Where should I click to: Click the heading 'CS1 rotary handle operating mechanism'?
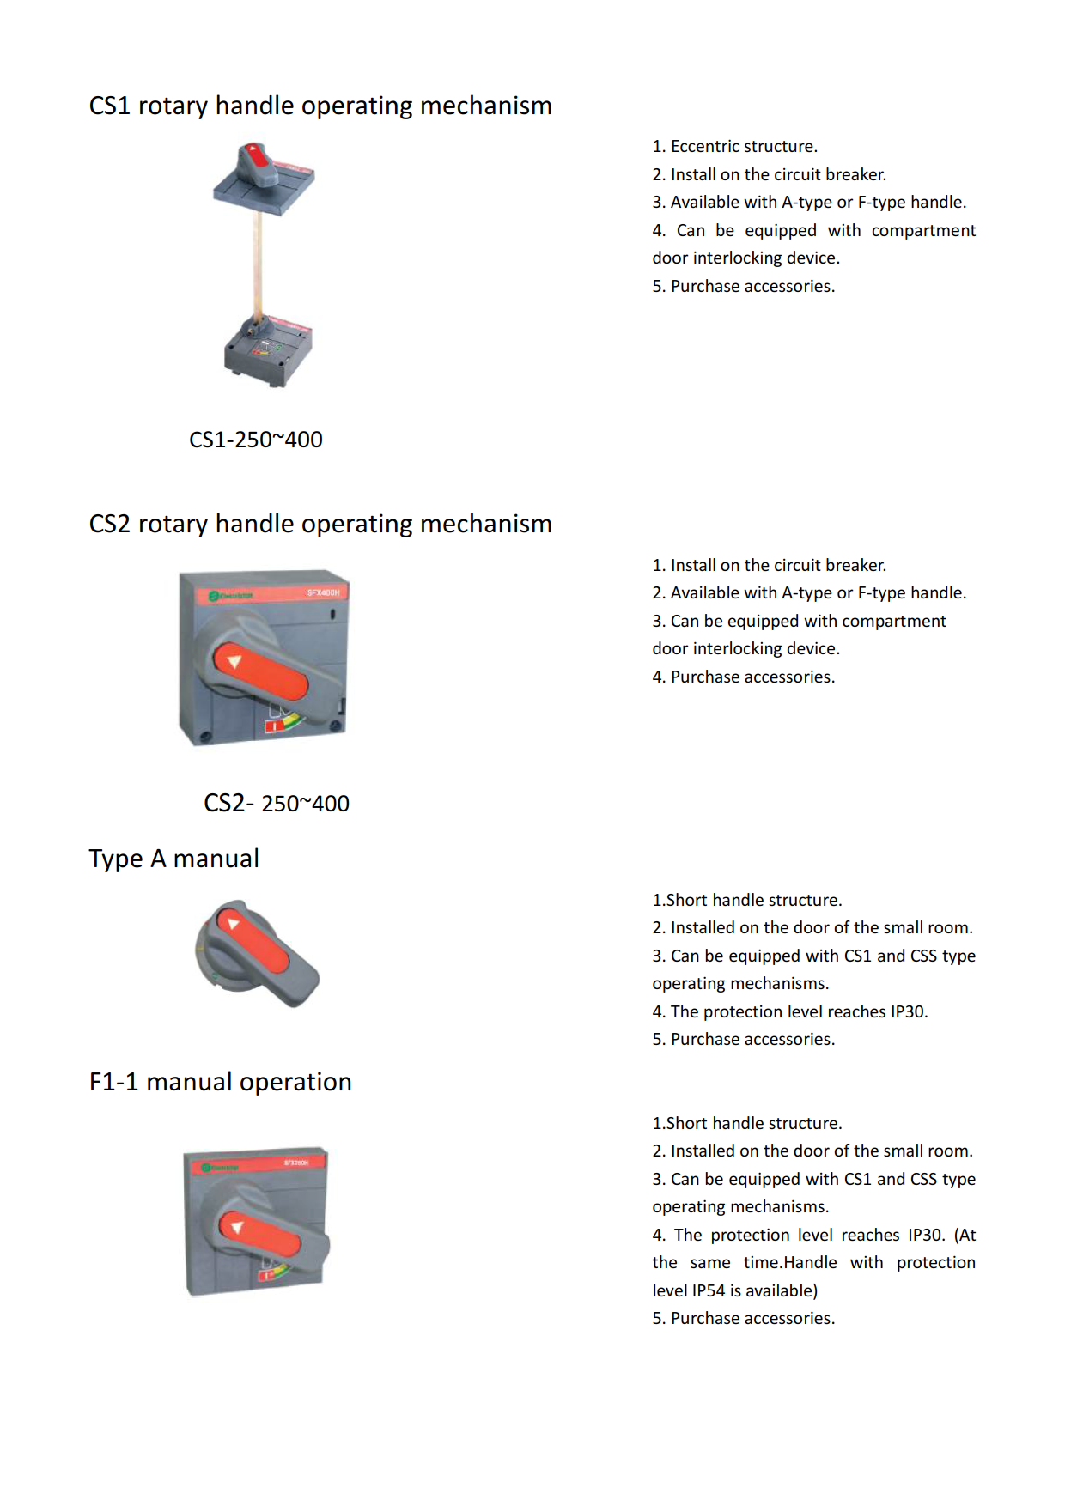[320, 106]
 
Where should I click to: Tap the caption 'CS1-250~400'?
[256, 440]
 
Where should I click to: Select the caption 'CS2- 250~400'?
[277, 804]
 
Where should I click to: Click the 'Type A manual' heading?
[174, 859]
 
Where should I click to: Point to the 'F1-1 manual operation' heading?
[221, 1082]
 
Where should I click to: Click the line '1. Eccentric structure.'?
[735, 147]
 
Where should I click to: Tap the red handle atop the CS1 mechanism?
[256, 157]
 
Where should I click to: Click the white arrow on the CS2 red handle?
[234, 661]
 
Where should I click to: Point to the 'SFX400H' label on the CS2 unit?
[323, 592]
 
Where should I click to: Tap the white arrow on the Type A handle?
[233, 924]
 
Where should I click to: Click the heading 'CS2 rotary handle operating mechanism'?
[320, 524]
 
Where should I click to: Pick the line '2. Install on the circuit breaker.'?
[770, 175]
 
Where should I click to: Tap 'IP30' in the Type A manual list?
[908, 1011]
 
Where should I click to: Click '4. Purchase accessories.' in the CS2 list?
[744, 677]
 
